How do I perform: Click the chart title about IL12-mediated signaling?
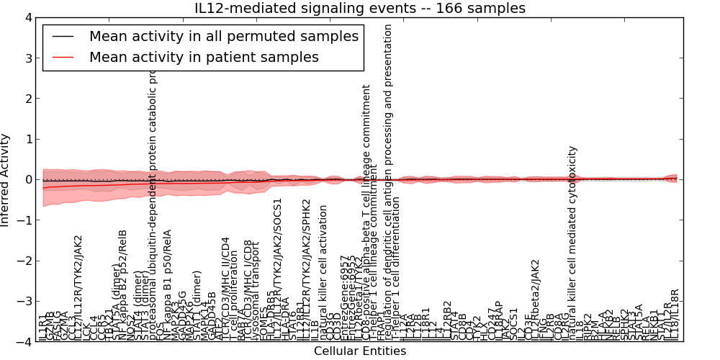(360, 8)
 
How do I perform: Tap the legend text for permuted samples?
(223, 36)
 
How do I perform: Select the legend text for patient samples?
(204, 57)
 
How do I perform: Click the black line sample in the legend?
(63, 37)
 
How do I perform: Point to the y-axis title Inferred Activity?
(6, 180)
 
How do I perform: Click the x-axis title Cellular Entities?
(360, 351)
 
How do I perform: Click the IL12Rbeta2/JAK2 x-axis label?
(535, 299)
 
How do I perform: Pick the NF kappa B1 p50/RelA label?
(168, 284)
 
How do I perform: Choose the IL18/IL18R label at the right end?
(675, 315)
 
